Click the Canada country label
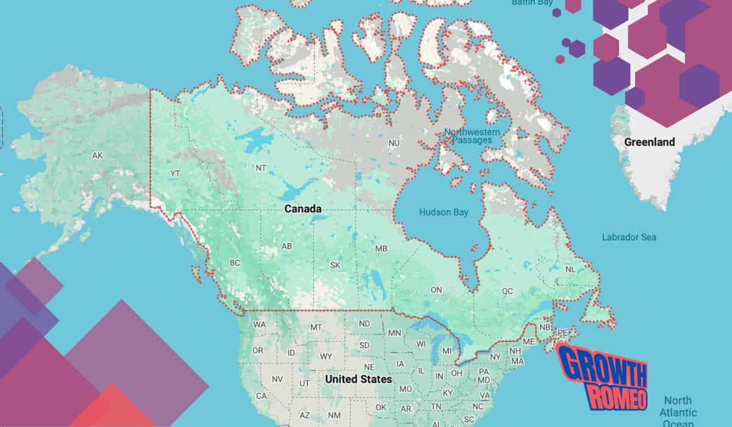point(303,209)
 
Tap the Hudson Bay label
point(443,212)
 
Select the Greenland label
point(649,142)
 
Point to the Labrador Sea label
point(629,237)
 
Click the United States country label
point(358,379)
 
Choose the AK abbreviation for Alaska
point(97,156)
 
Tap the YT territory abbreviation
point(175,174)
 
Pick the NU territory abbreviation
point(394,143)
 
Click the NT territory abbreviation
point(260,168)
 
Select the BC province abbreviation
point(235,263)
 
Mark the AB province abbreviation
point(287,246)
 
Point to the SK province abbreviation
point(335,265)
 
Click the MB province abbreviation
point(381,249)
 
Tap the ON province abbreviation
point(436,290)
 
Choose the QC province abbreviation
point(508,292)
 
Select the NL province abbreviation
point(570,269)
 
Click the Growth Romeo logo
point(602,376)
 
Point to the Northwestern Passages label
point(472,136)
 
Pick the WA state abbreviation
point(259,325)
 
